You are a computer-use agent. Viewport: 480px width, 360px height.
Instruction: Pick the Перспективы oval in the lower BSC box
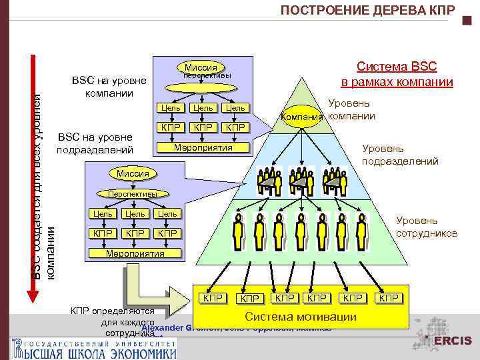click(x=133, y=194)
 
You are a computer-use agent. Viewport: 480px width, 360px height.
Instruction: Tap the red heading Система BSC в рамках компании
click(x=397, y=74)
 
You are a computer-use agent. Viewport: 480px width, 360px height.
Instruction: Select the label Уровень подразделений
click(x=399, y=155)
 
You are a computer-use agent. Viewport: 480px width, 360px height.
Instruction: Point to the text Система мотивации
click(x=301, y=317)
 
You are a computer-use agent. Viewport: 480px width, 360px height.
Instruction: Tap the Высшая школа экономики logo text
click(x=93, y=349)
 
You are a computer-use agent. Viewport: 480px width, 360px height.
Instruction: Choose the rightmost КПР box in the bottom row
click(x=389, y=297)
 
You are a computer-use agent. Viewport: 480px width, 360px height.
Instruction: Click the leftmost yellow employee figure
click(x=238, y=230)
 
